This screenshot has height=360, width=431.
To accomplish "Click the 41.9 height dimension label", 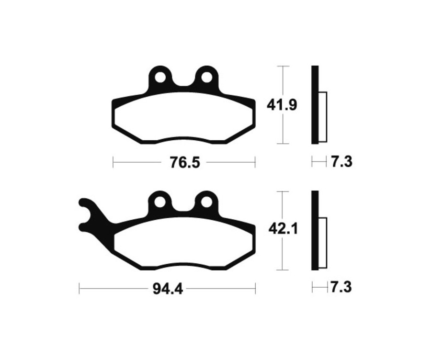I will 282,104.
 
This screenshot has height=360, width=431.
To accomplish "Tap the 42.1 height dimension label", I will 283,230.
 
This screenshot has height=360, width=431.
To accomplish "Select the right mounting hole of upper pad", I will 206,77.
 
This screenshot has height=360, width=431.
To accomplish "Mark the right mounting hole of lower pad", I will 206,202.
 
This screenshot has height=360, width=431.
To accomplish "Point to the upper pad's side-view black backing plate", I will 314,104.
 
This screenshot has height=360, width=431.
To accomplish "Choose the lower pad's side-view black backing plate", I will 314,230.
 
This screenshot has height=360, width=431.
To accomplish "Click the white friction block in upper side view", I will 322,117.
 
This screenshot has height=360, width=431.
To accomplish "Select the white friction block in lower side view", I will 322,243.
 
